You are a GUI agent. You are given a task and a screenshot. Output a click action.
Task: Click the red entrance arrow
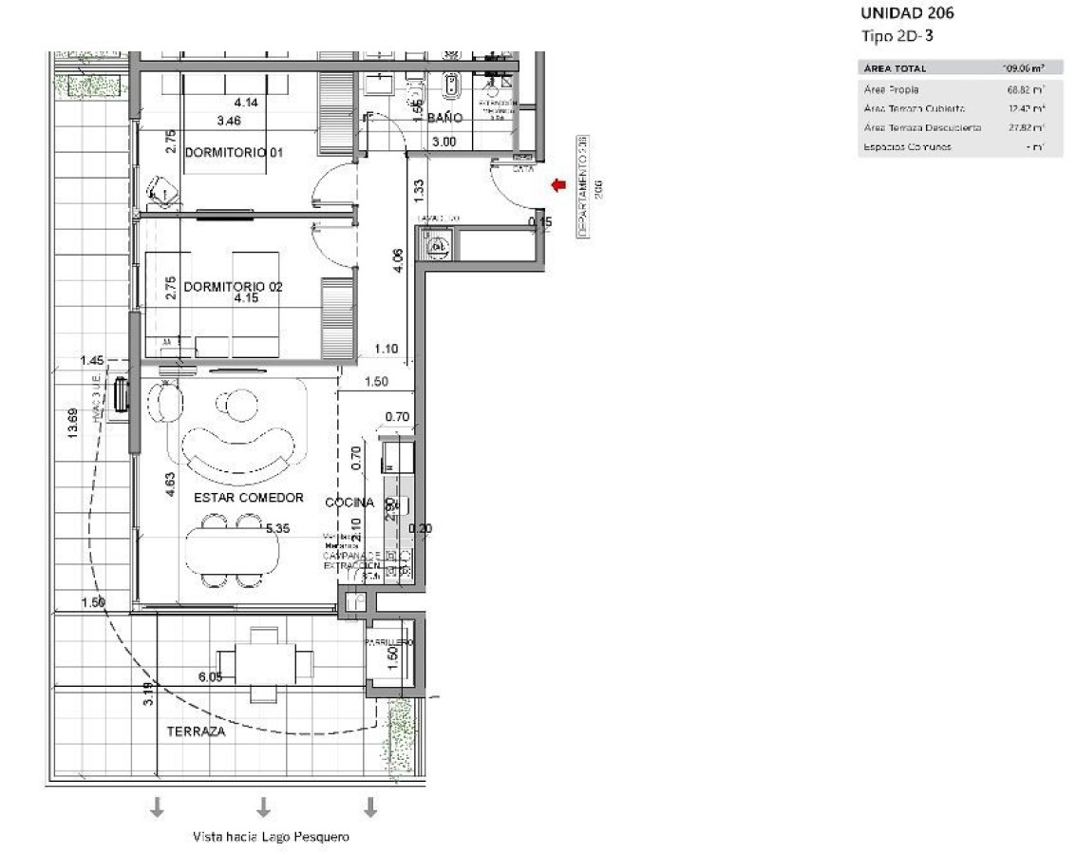(558, 185)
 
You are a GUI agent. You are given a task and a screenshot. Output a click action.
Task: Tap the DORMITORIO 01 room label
(235, 152)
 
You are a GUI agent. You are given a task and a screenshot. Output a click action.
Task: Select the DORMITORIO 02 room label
(234, 286)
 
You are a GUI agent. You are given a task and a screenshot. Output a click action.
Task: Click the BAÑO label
(444, 119)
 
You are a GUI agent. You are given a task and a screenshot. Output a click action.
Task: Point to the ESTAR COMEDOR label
(248, 498)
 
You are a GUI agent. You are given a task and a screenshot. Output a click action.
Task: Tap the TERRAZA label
(196, 731)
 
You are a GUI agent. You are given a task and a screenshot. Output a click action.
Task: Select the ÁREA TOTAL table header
(895, 68)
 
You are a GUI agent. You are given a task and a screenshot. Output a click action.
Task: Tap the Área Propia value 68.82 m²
(1026, 89)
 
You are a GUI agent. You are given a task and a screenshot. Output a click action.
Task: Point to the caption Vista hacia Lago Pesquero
(271, 837)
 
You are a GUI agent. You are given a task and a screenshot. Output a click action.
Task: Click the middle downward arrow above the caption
(264, 807)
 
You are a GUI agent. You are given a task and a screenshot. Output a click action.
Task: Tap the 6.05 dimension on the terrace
(211, 676)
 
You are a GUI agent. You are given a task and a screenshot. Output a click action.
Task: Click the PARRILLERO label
(390, 642)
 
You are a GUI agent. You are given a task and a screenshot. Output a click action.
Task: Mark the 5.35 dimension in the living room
(277, 527)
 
